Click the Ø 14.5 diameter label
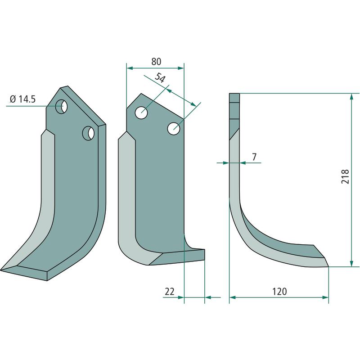(23, 99)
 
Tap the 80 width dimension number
(156, 62)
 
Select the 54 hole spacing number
(160, 78)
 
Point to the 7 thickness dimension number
(254, 157)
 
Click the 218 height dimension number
(345, 176)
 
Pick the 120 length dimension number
(279, 291)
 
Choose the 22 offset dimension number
(170, 291)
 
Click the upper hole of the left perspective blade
(62, 107)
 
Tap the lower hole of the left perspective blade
(89, 133)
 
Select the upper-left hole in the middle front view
(141, 113)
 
